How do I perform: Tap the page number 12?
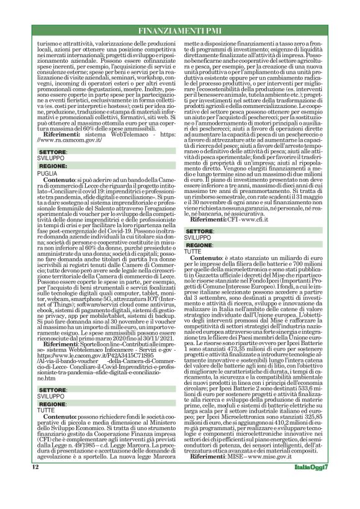tap(36, 467)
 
